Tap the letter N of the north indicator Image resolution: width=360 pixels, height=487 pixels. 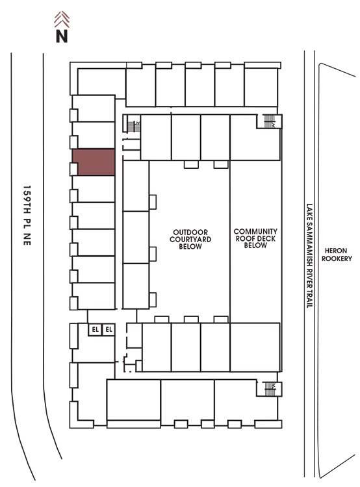(62, 36)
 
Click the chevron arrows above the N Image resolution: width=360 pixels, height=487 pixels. (62, 19)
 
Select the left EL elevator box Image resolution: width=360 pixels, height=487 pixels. (95, 329)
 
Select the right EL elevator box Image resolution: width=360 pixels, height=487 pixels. (109, 329)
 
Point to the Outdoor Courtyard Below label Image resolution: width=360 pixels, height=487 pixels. (190, 239)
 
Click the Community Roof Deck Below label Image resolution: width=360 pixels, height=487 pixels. (255, 238)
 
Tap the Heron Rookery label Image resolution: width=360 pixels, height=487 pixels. (337, 255)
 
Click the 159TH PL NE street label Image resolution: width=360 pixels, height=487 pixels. (27, 216)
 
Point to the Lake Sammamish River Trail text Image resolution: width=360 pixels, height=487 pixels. (309, 256)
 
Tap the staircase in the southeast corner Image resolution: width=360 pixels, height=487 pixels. (270, 389)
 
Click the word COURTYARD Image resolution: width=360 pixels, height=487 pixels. (190, 239)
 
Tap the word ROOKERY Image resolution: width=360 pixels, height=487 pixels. (337, 258)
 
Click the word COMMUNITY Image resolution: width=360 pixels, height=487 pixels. (255, 231)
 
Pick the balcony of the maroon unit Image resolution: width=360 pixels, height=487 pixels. (73, 169)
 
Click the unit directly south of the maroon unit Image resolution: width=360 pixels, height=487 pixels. (94, 189)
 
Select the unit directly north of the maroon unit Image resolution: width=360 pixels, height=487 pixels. (94, 135)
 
